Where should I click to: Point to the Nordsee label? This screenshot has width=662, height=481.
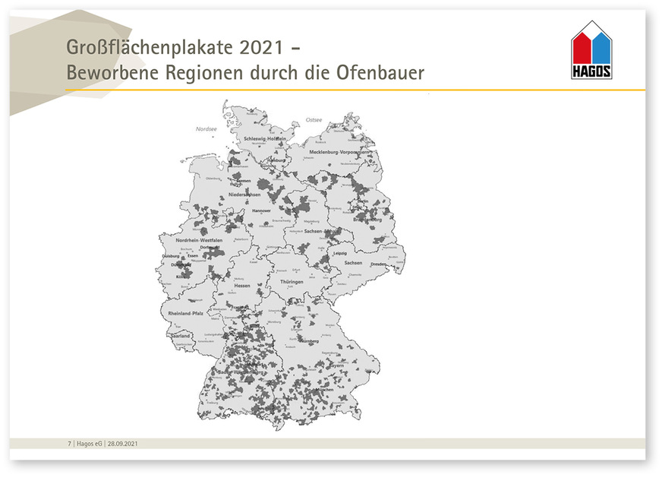[206, 129]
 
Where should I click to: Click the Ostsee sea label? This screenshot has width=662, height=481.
[314, 120]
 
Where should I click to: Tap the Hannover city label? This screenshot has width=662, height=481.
[261, 210]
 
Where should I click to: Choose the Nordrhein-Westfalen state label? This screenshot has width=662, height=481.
[199, 240]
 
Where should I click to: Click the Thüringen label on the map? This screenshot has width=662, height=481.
[292, 282]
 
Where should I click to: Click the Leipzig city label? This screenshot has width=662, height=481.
[339, 253]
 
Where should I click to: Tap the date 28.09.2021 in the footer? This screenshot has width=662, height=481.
[122, 443]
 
